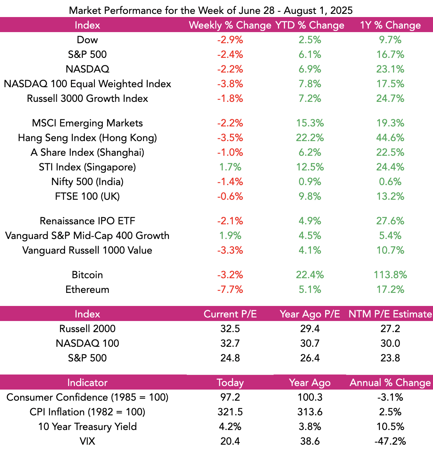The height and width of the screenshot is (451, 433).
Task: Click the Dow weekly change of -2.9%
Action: pos(230,40)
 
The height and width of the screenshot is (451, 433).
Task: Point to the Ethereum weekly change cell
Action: pos(230,289)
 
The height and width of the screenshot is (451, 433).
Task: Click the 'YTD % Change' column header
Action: pos(310,25)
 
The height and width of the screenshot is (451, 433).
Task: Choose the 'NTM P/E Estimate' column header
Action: pos(390,314)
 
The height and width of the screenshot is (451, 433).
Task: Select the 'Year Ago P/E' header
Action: pos(310,314)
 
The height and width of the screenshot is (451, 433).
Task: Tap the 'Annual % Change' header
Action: pos(390,383)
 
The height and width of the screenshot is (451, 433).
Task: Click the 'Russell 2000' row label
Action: pos(87,329)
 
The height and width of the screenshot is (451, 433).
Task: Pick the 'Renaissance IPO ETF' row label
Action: pos(87,221)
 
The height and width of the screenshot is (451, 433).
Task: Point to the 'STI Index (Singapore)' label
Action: pos(87,167)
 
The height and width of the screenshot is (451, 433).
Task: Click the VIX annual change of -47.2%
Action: pos(390,441)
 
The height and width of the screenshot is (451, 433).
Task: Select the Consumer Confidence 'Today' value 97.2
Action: pos(230,397)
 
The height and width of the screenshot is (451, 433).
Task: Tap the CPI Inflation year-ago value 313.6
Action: pos(310,412)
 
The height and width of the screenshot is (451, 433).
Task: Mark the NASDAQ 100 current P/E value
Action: pos(230,343)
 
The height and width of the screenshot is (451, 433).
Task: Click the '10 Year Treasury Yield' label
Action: pos(87,426)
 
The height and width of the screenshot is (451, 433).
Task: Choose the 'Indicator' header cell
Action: pos(87,383)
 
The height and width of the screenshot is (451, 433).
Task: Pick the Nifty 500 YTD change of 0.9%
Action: pos(310,182)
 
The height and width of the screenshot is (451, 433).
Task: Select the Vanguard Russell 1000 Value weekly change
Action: pos(230,250)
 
